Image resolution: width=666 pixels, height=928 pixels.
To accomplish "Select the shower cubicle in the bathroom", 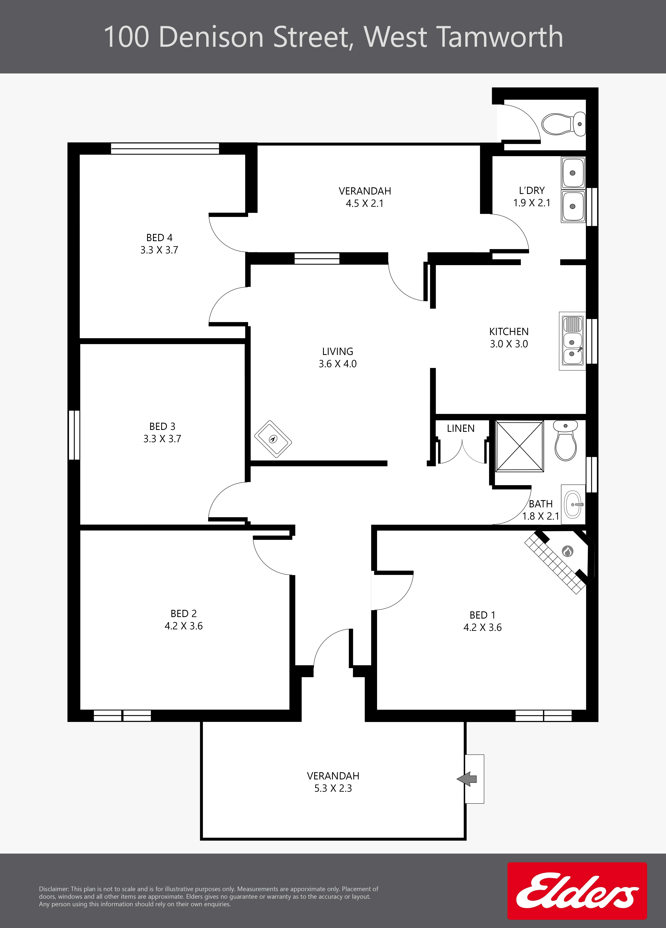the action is tap(519, 446).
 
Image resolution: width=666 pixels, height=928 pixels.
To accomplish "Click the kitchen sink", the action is tap(572, 341).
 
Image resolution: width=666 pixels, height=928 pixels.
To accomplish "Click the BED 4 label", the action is tap(159, 238).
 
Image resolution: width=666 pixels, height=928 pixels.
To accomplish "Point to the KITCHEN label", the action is tap(509, 331).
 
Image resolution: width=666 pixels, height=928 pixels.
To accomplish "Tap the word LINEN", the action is tap(461, 428).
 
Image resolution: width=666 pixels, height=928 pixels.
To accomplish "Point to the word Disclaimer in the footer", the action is tap(54, 889).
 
